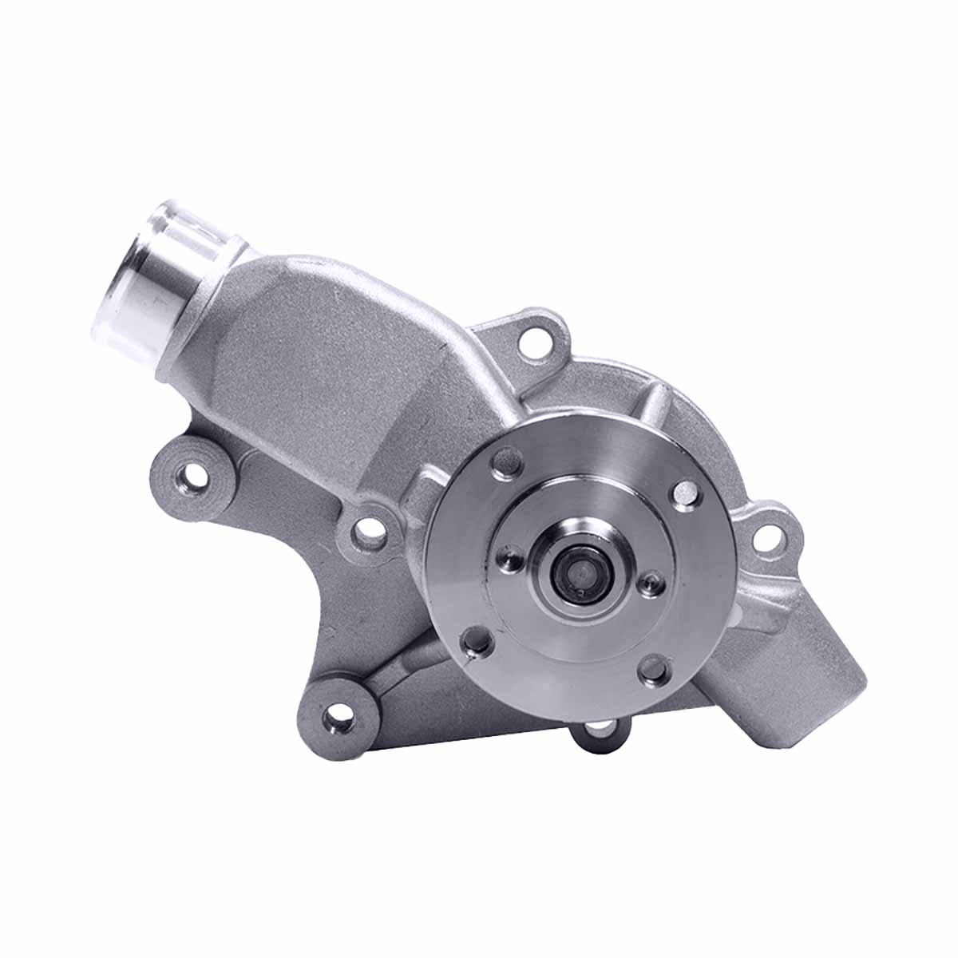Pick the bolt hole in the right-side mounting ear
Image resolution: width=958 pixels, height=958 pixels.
tap(768, 537)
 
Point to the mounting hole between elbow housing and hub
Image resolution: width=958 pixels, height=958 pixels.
tap(368, 527)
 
